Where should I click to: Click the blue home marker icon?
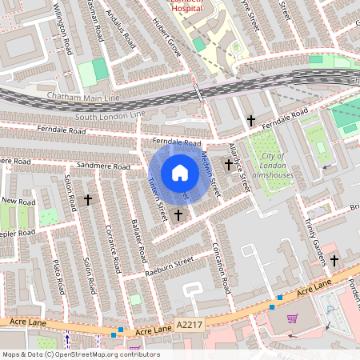click(x=180, y=172)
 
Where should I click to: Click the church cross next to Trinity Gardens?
click(x=334, y=261)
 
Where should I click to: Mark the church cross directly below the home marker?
click(x=178, y=214)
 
